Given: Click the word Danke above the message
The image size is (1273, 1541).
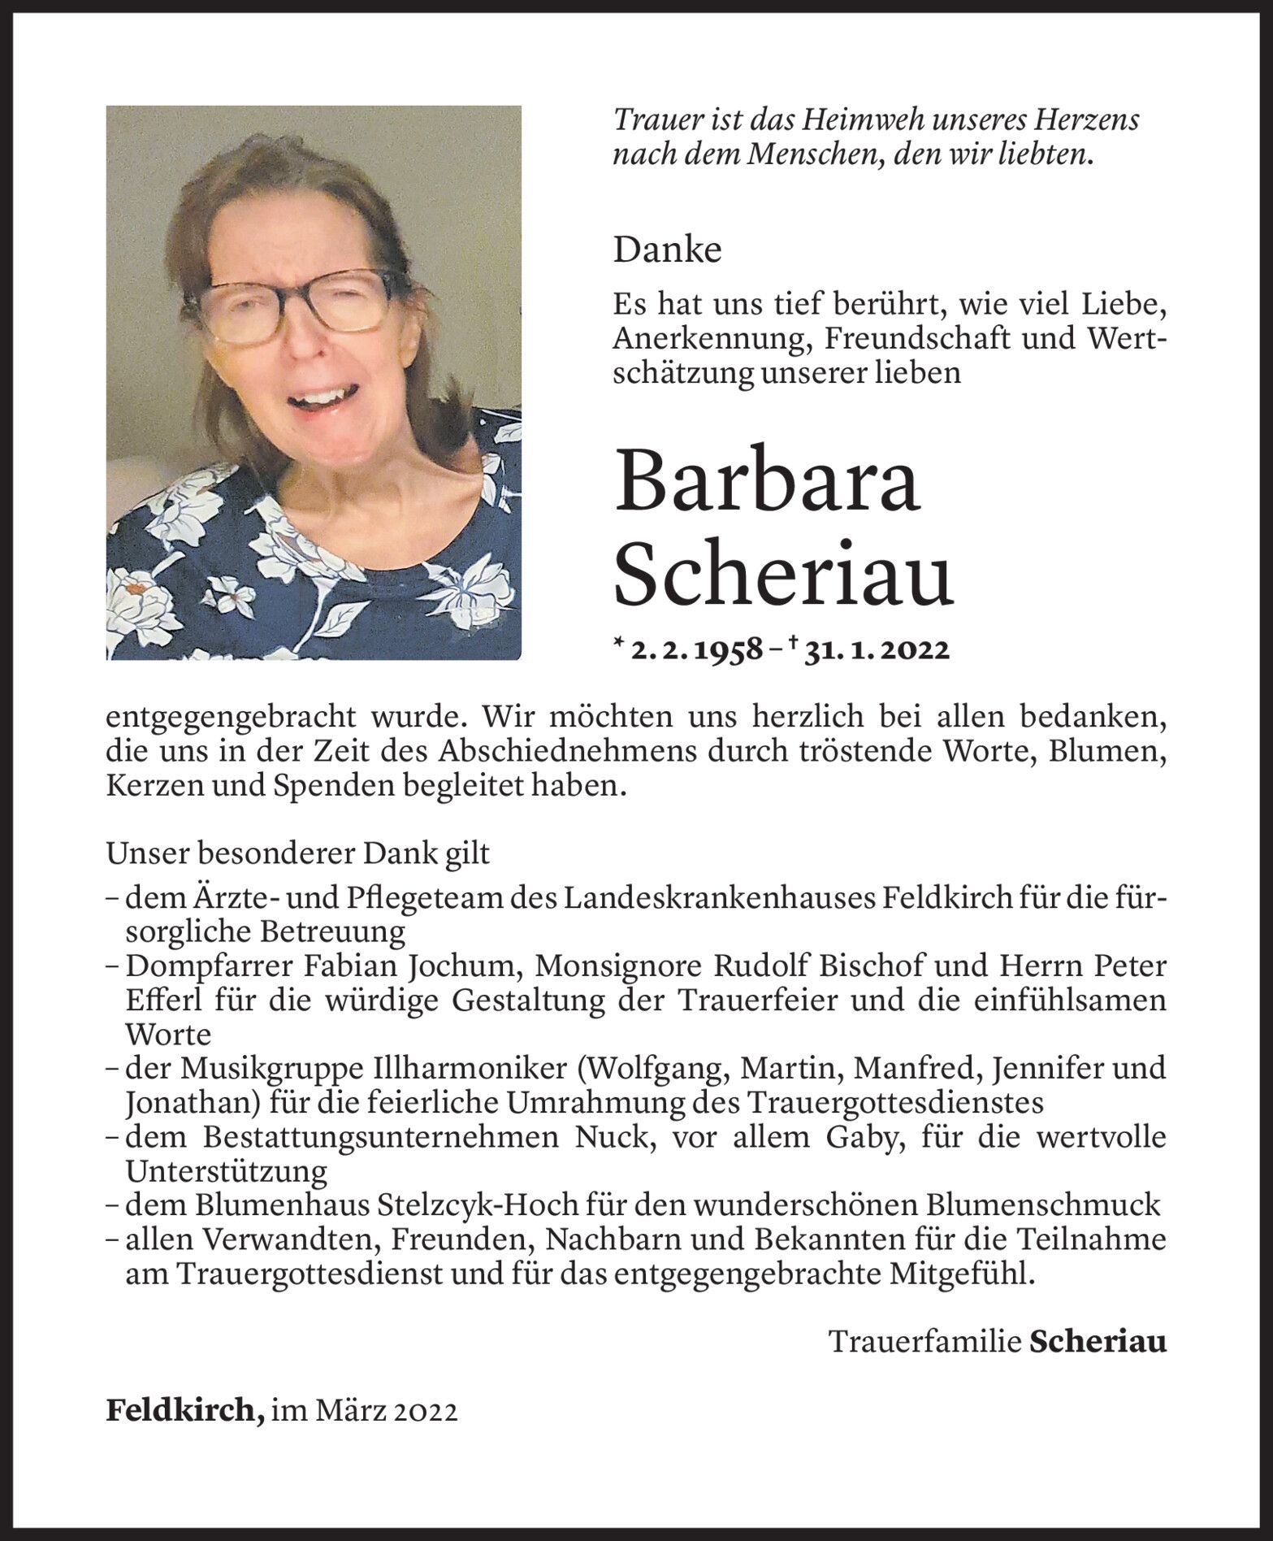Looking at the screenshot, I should tap(667, 250).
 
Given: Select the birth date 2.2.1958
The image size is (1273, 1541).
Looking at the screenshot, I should tap(697, 650).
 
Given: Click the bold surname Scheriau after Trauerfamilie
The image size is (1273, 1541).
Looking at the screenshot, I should tap(1098, 1342).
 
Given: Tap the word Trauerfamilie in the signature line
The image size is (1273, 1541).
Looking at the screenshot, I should tap(924, 1342).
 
